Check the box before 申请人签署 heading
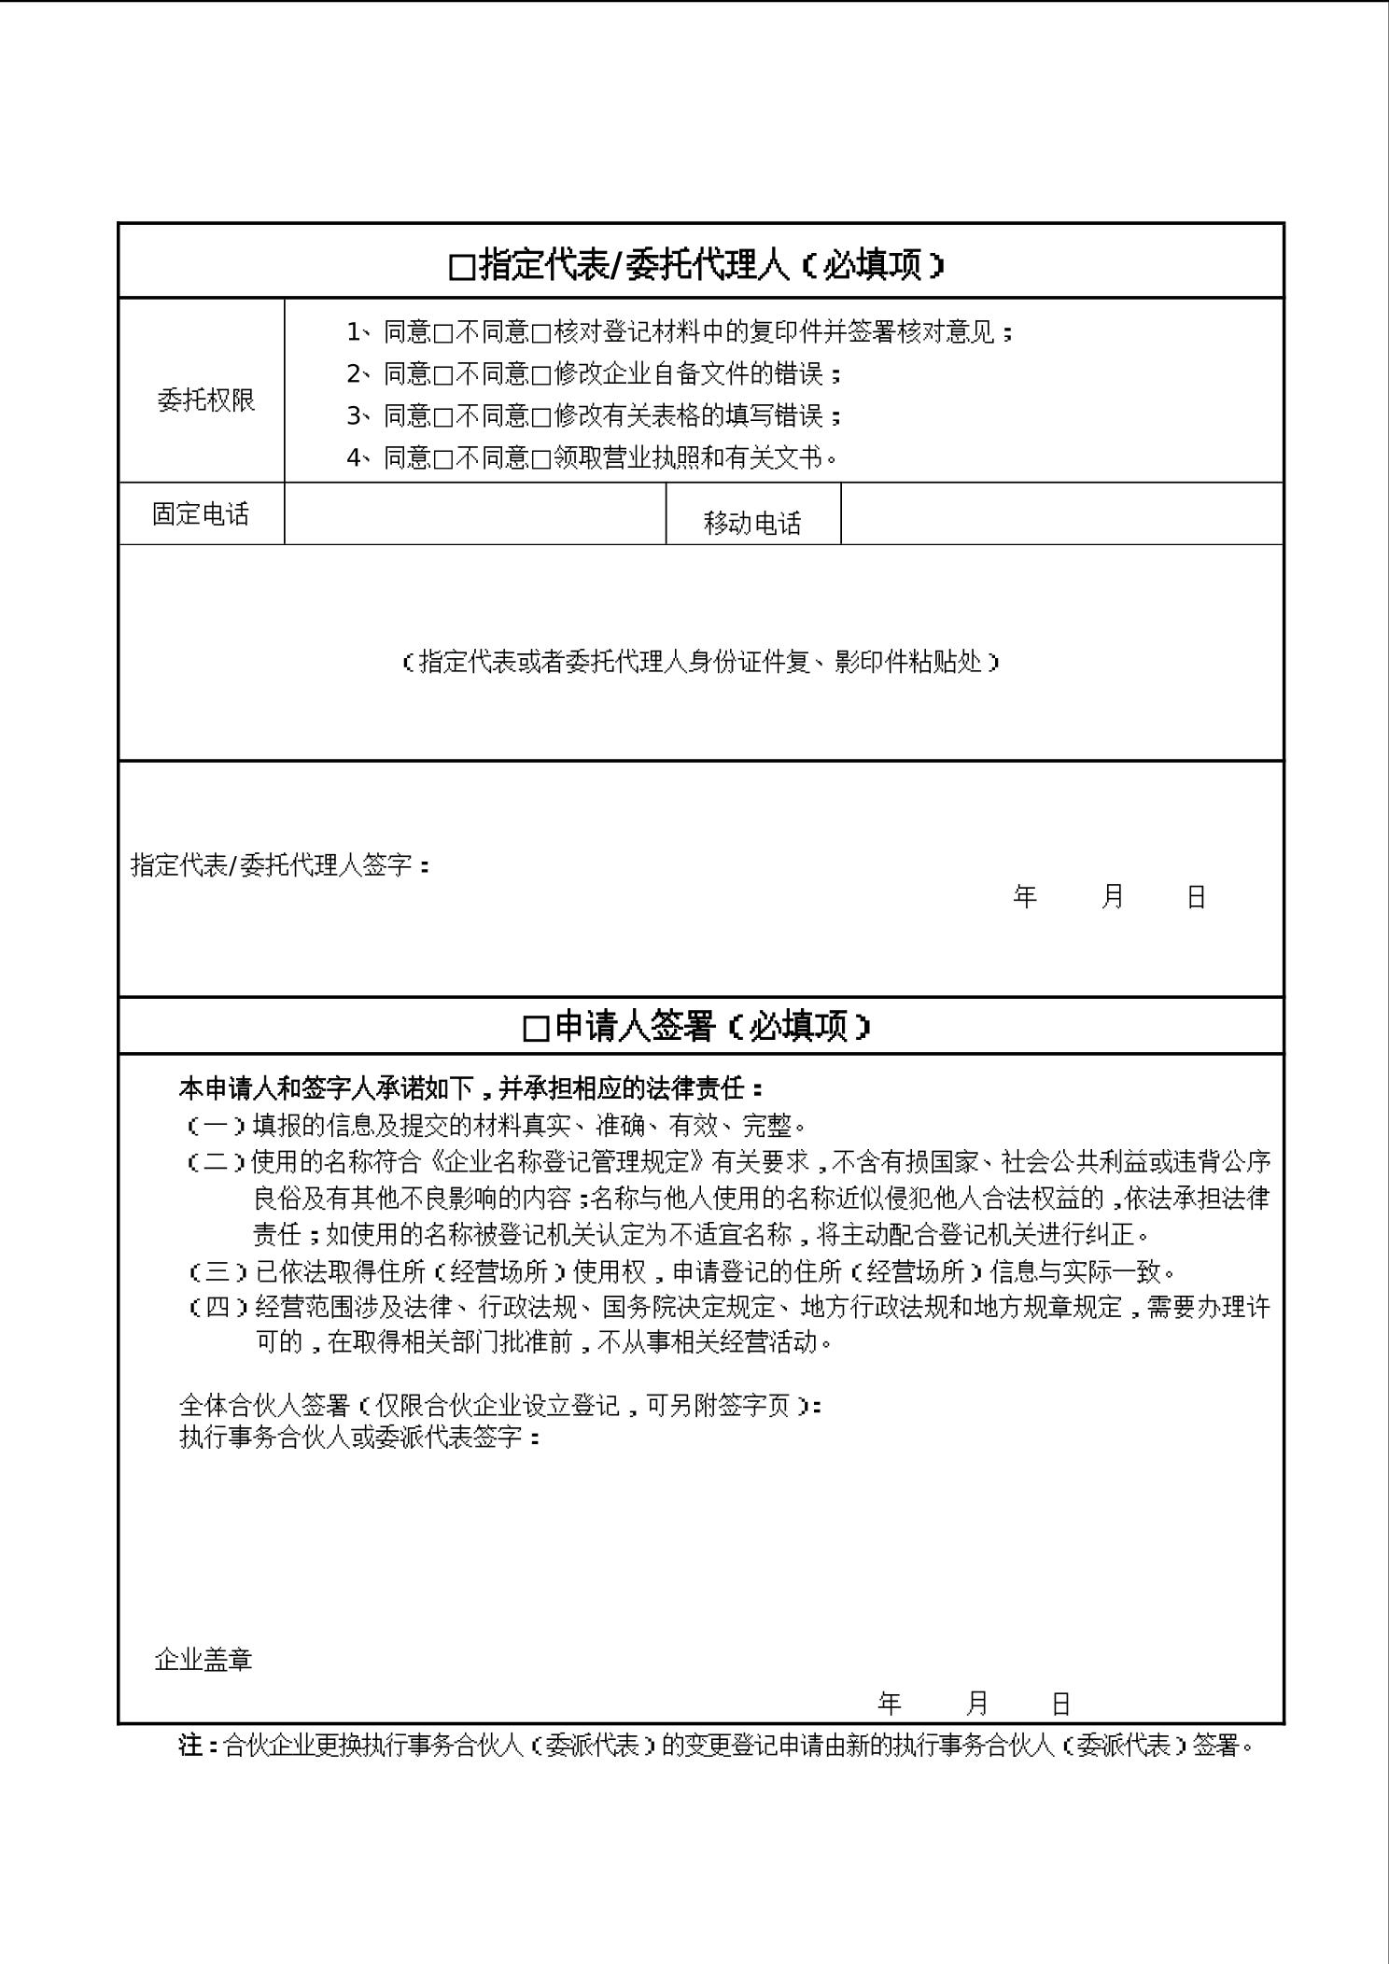[x=536, y=1029]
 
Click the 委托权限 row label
[x=205, y=400]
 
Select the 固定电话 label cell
[x=201, y=514]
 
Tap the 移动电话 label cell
[x=752, y=524]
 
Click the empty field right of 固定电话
[x=474, y=513]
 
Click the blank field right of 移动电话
[x=1061, y=513]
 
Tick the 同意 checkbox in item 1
[x=442, y=333]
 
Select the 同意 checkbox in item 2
[x=442, y=375]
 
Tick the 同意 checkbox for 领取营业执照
[x=442, y=459]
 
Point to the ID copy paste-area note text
[x=700, y=662]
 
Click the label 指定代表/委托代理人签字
[x=280, y=865]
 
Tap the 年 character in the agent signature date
[x=1025, y=897]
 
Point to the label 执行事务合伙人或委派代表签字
[x=358, y=1437]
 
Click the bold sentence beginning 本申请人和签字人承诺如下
[x=470, y=1088]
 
